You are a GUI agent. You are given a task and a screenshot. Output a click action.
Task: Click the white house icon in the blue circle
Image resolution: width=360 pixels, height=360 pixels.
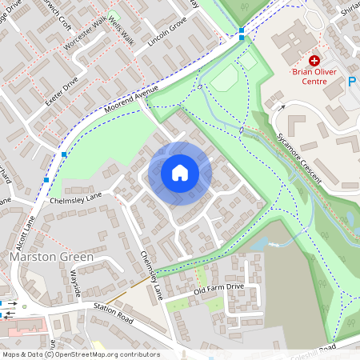click(x=180, y=173)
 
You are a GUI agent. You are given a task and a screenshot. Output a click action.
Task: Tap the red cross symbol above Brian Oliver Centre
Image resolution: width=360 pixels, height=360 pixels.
click(x=314, y=61)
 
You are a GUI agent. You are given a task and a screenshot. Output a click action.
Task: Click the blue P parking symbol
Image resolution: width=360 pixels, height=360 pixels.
click(x=353, y=81)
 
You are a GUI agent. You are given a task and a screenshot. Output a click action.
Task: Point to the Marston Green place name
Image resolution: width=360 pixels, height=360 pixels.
click(x=51, y=258)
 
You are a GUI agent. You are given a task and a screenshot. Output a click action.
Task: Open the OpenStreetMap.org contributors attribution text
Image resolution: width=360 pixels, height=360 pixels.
click(x=103, y=354)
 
